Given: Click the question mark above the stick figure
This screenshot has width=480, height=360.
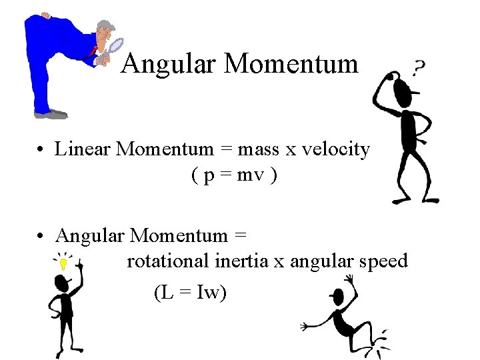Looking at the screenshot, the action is tap(419, 67).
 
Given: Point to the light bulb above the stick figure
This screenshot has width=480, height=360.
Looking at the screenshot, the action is tap(63, 263).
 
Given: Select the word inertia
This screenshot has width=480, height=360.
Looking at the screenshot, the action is tap(241, 261).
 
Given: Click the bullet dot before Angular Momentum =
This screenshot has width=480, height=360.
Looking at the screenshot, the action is tap(41, 237).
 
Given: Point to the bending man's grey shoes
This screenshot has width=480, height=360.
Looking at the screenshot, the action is tap(51, 114).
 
